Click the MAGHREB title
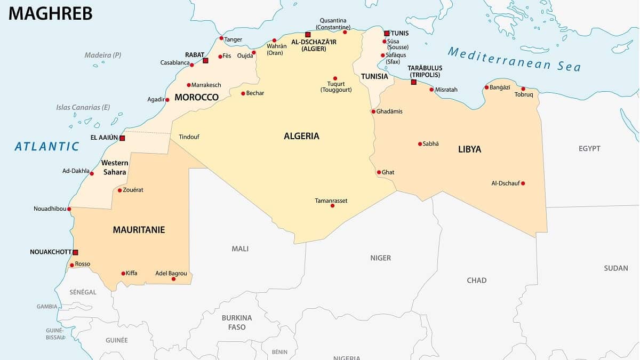coord(51,13)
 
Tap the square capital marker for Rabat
coord(205,61)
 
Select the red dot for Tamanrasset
coord(332,205)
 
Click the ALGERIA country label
coord(301,136)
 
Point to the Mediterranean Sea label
coord(514,59)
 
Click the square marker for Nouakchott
coord(75,252)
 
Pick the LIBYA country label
coord(469,149)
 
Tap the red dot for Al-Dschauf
coord(523,183)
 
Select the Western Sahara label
coord(115,167)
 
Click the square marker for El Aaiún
coord(122,138)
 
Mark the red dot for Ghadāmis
coord(373,111)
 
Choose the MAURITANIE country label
coord(139,230)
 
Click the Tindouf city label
coord(189,137)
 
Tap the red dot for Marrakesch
coord(189,85)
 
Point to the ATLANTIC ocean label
coord(47,146)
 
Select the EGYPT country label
coord(589,149)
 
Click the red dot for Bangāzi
coord(486,87)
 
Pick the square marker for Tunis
coord(387,33)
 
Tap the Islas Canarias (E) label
coord(83,107)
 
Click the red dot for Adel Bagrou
coord(173,279)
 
